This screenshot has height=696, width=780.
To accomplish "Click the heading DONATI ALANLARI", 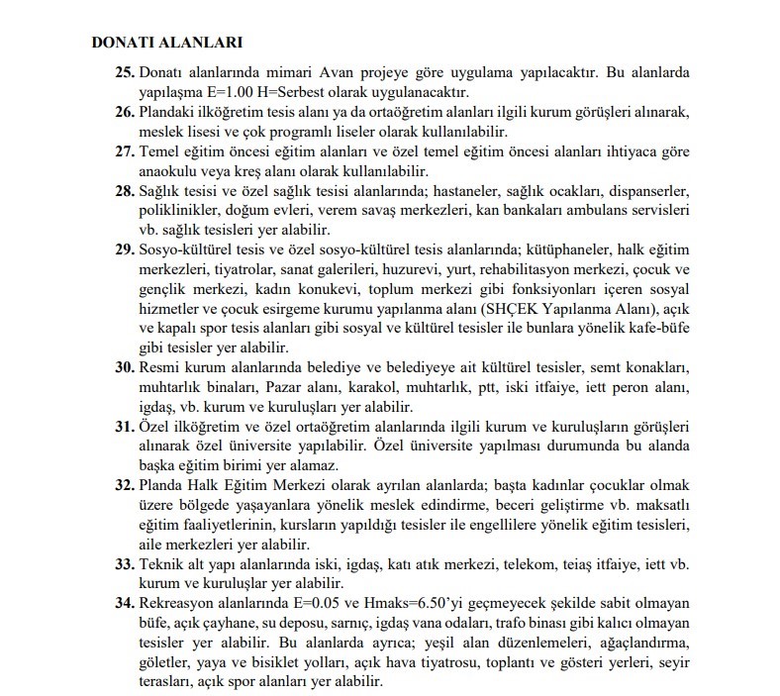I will point(166,44).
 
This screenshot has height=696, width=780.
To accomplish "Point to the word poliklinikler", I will point(182,211).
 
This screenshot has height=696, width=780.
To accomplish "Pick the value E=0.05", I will point(331,603).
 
